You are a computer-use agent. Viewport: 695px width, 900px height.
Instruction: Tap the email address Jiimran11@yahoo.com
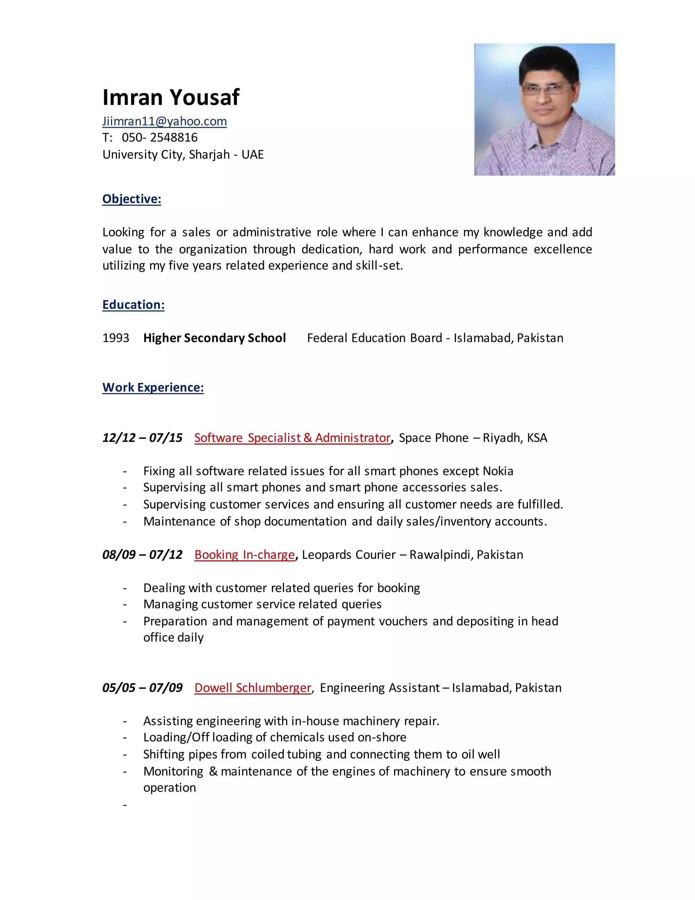[x=164, y=121]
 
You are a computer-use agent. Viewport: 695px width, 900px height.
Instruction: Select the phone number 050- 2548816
[x=160, y=138]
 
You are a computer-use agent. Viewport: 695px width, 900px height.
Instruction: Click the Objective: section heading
[x=132, y=199]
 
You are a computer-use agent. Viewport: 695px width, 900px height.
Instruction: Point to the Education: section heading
[x=133, y=305]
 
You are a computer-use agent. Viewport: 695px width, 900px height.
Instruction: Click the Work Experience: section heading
[x=153, y=388]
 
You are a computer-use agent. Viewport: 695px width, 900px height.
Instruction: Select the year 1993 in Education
[x=116, y=338]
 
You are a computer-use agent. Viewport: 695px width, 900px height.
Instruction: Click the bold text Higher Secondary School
[x=214, y=338]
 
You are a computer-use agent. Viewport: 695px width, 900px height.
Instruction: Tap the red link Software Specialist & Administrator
[x=292, y=438]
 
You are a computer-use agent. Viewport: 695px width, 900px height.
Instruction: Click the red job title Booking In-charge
[x=245, y=555]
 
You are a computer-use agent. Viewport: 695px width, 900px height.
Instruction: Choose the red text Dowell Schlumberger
[x=253, y=688]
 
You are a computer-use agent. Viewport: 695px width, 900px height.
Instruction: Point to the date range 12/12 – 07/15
[x=142, y=438]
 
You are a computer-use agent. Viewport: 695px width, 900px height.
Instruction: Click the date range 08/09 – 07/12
[x=142, y=555]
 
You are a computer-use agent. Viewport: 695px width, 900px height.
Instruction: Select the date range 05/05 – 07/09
[x=142, y=688]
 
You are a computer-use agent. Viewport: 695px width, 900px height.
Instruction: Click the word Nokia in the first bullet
[x=498, y=471]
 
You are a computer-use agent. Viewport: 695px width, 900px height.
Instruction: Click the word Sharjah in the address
[x=209, y=155]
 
